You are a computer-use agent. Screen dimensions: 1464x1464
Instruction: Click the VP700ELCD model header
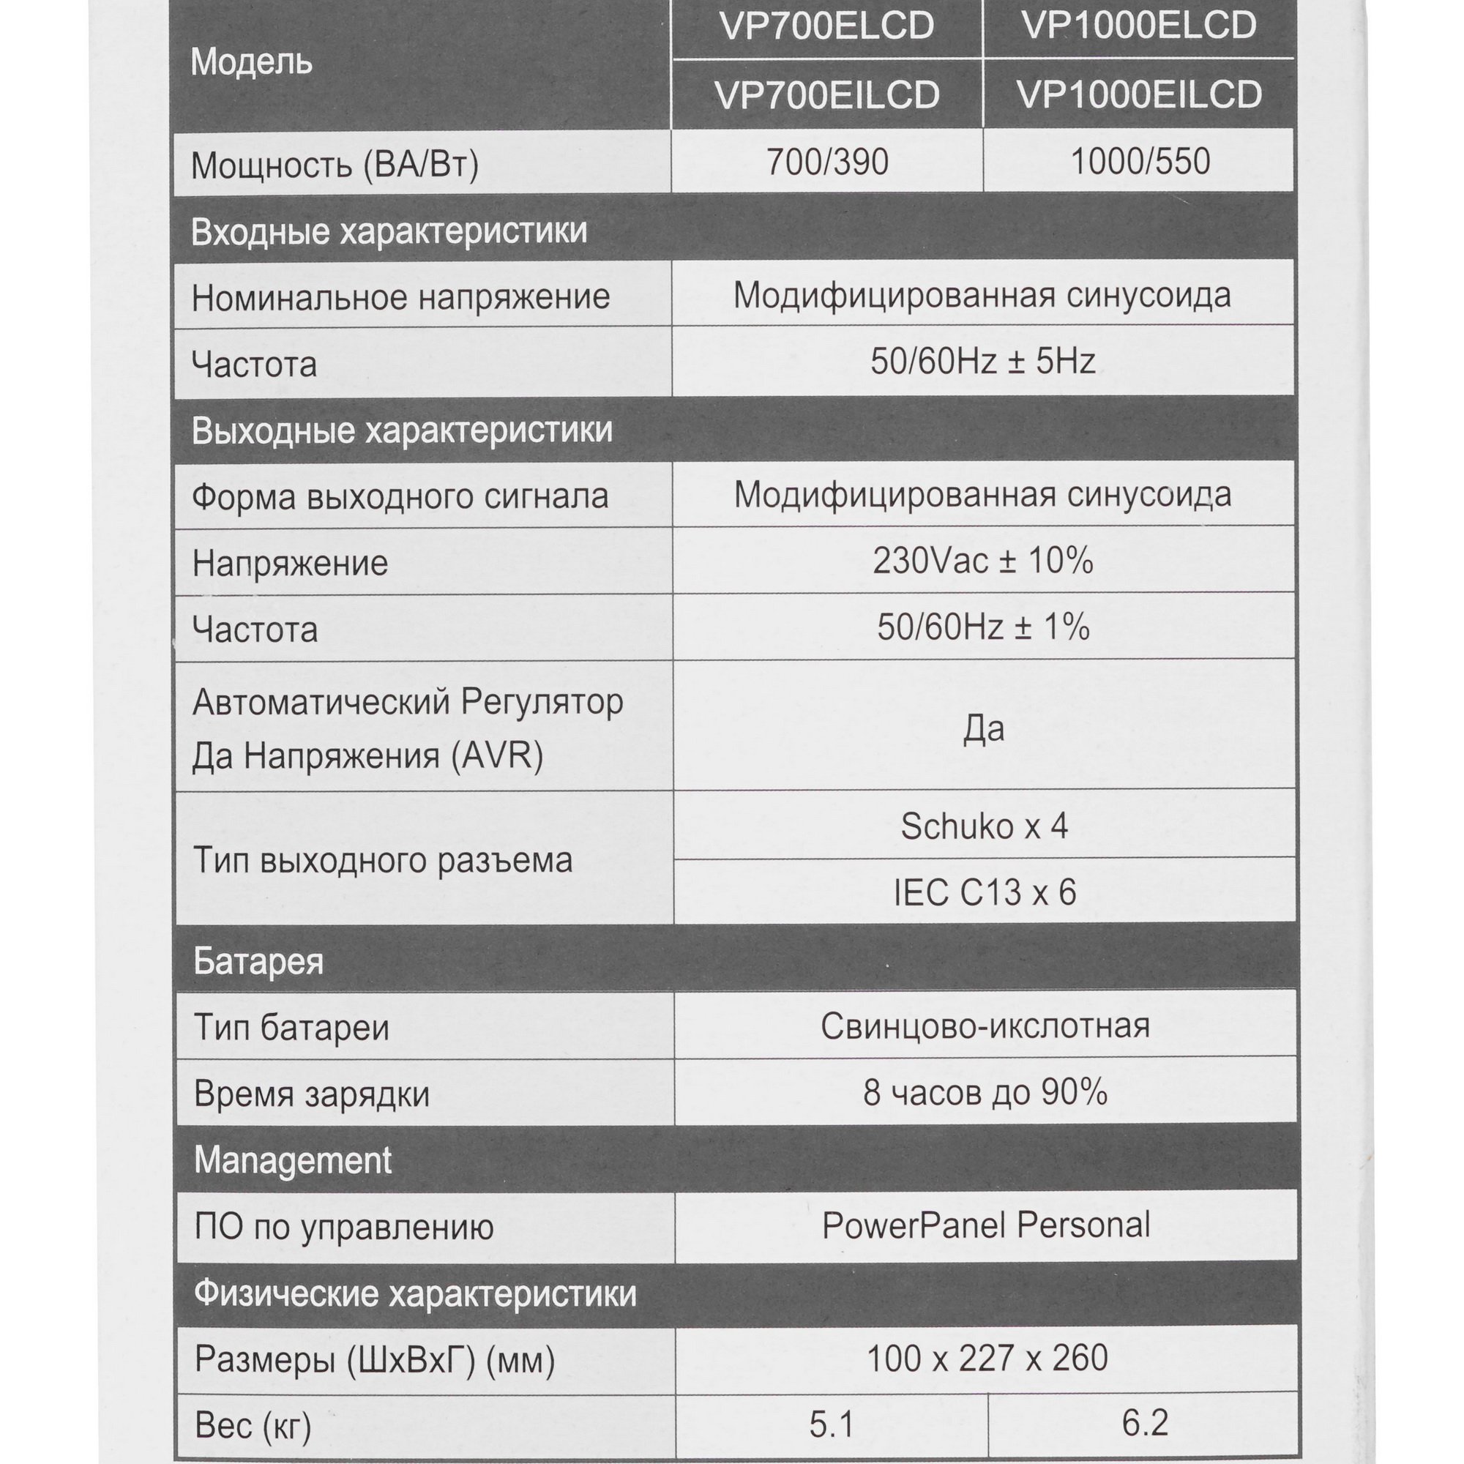coord(826,27)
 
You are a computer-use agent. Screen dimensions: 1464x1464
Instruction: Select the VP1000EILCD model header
coord(1139,94)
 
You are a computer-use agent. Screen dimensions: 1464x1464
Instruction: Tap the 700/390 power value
coord(826,161)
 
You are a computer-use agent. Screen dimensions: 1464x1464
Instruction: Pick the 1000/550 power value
coord(1140,161)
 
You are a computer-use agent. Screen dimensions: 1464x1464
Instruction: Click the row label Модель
coord(251,62)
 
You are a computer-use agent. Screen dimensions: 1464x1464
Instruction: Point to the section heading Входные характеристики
coord(389,231)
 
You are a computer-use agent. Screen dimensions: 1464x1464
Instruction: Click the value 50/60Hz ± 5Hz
coord(983,362)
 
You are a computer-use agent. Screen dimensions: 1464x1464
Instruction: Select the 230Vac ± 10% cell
coord(983,561)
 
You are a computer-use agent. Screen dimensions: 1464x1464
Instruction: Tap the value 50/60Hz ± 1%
coord(983,627)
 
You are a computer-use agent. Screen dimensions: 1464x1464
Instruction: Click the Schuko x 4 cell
coord(984,826)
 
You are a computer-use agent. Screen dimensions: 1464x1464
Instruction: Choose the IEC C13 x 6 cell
coord(984,892)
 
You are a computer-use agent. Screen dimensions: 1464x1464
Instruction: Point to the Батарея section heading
coord(258,961)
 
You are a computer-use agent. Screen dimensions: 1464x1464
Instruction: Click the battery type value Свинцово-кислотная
coord(985,1026)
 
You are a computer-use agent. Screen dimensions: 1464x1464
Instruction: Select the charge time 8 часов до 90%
coord(985,1093)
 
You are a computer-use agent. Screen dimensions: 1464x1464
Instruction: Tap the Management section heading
coord(293,1160)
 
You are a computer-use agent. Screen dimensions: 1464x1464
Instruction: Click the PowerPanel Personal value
coord(985,1225)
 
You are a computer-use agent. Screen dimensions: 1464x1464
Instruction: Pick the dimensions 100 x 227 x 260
coord(986,1358)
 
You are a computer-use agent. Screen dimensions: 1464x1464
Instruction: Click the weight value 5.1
coord(832,1424)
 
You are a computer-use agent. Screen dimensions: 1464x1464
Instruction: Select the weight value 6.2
coord(1144,1423)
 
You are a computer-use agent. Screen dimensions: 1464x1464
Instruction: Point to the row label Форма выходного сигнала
coord(400,497)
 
